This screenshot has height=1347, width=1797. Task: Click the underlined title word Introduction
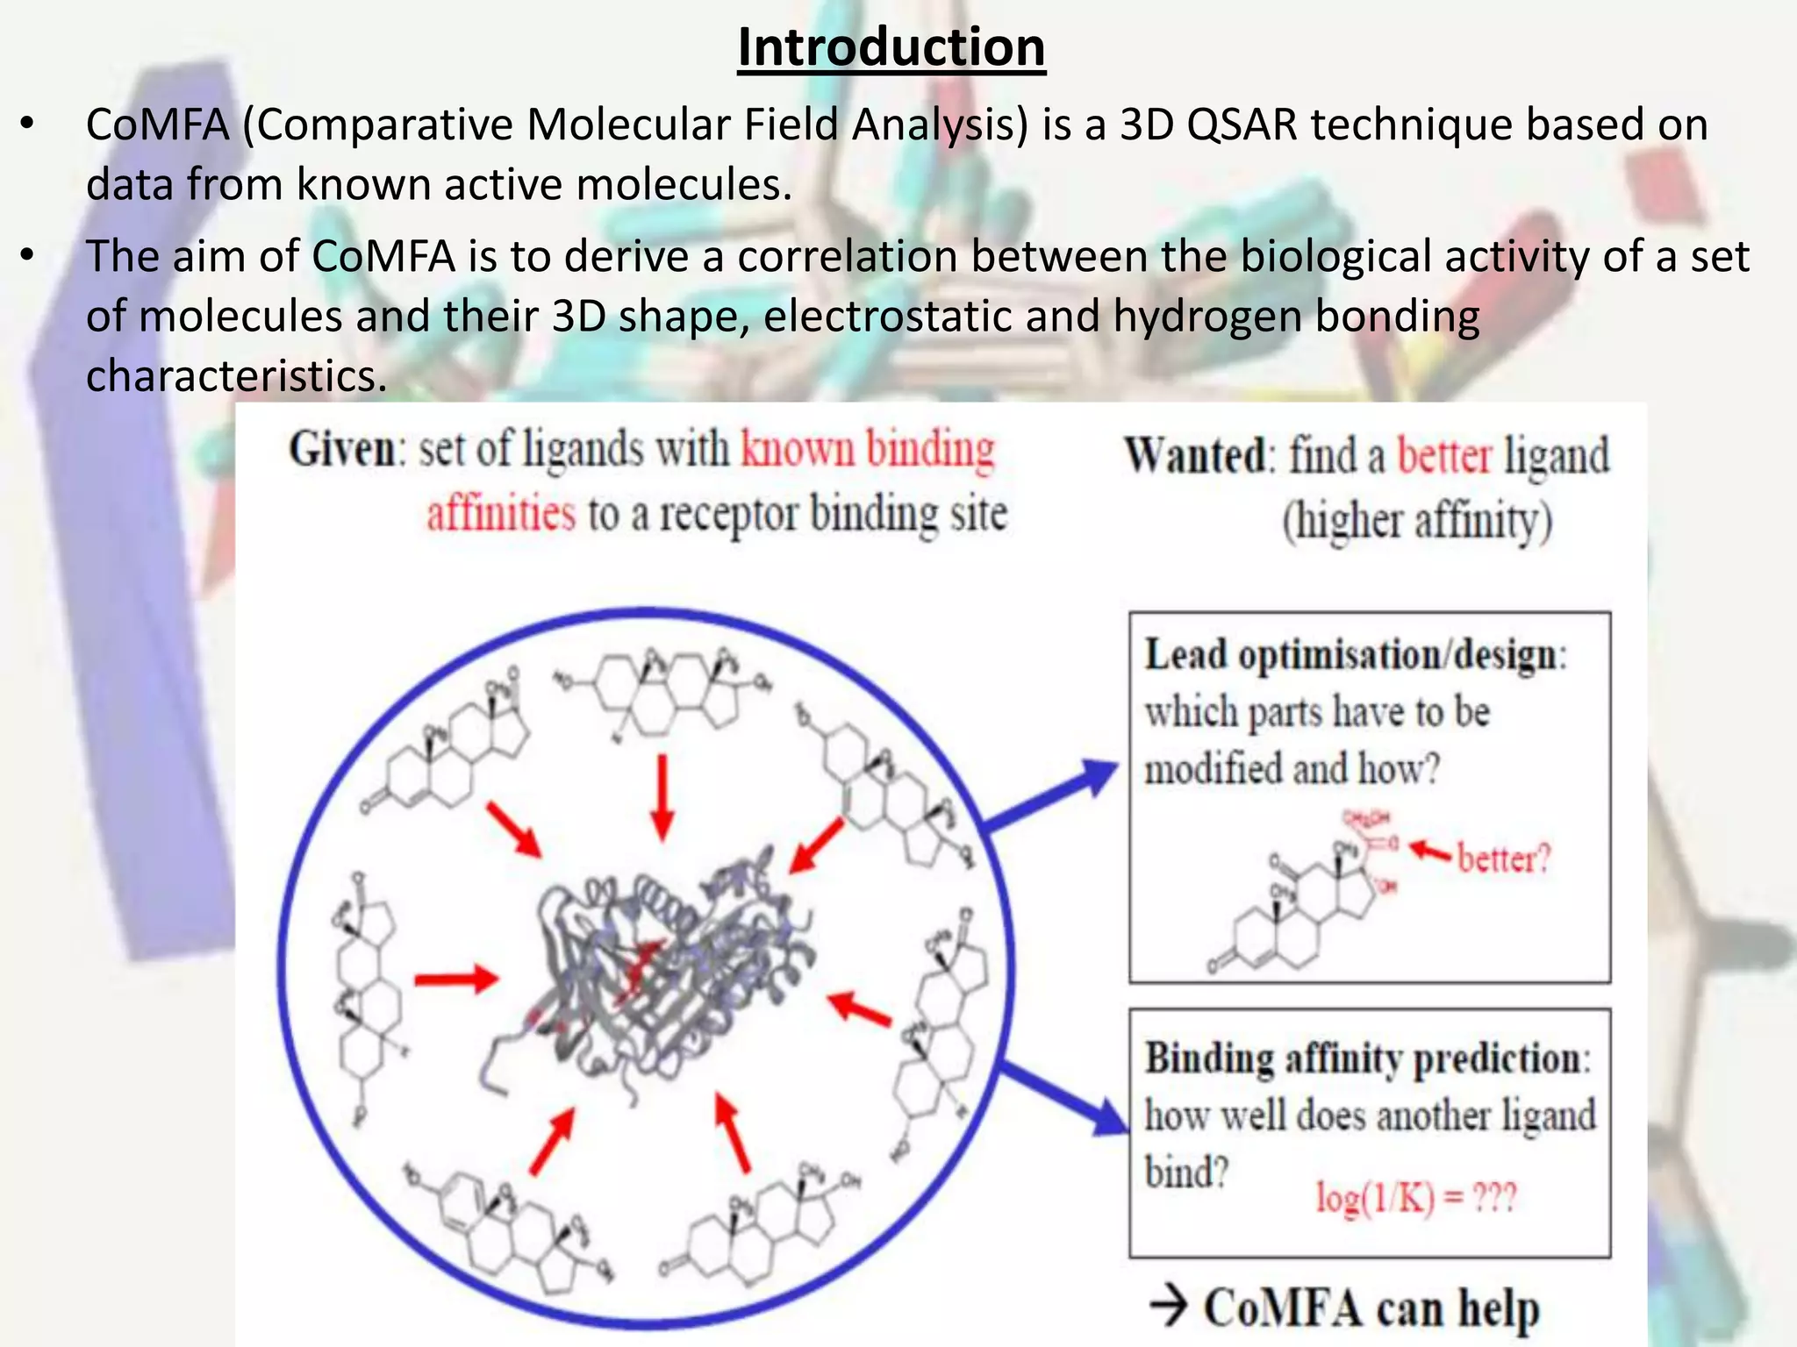(891, 47)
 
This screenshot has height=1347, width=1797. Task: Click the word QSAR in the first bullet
(1242, 125)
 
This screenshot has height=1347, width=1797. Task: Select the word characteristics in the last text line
(236, 375)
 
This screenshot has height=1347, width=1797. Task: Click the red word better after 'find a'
(1443, 456)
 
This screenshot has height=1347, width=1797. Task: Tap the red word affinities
(501, 514)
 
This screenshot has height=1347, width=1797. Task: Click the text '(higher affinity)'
(1417, 521)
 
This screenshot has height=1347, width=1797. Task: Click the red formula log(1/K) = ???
(1415, 1198)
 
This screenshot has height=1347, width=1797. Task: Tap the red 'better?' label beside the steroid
(1504, 858)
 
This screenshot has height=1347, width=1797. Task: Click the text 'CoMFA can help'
(1371, 1308)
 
